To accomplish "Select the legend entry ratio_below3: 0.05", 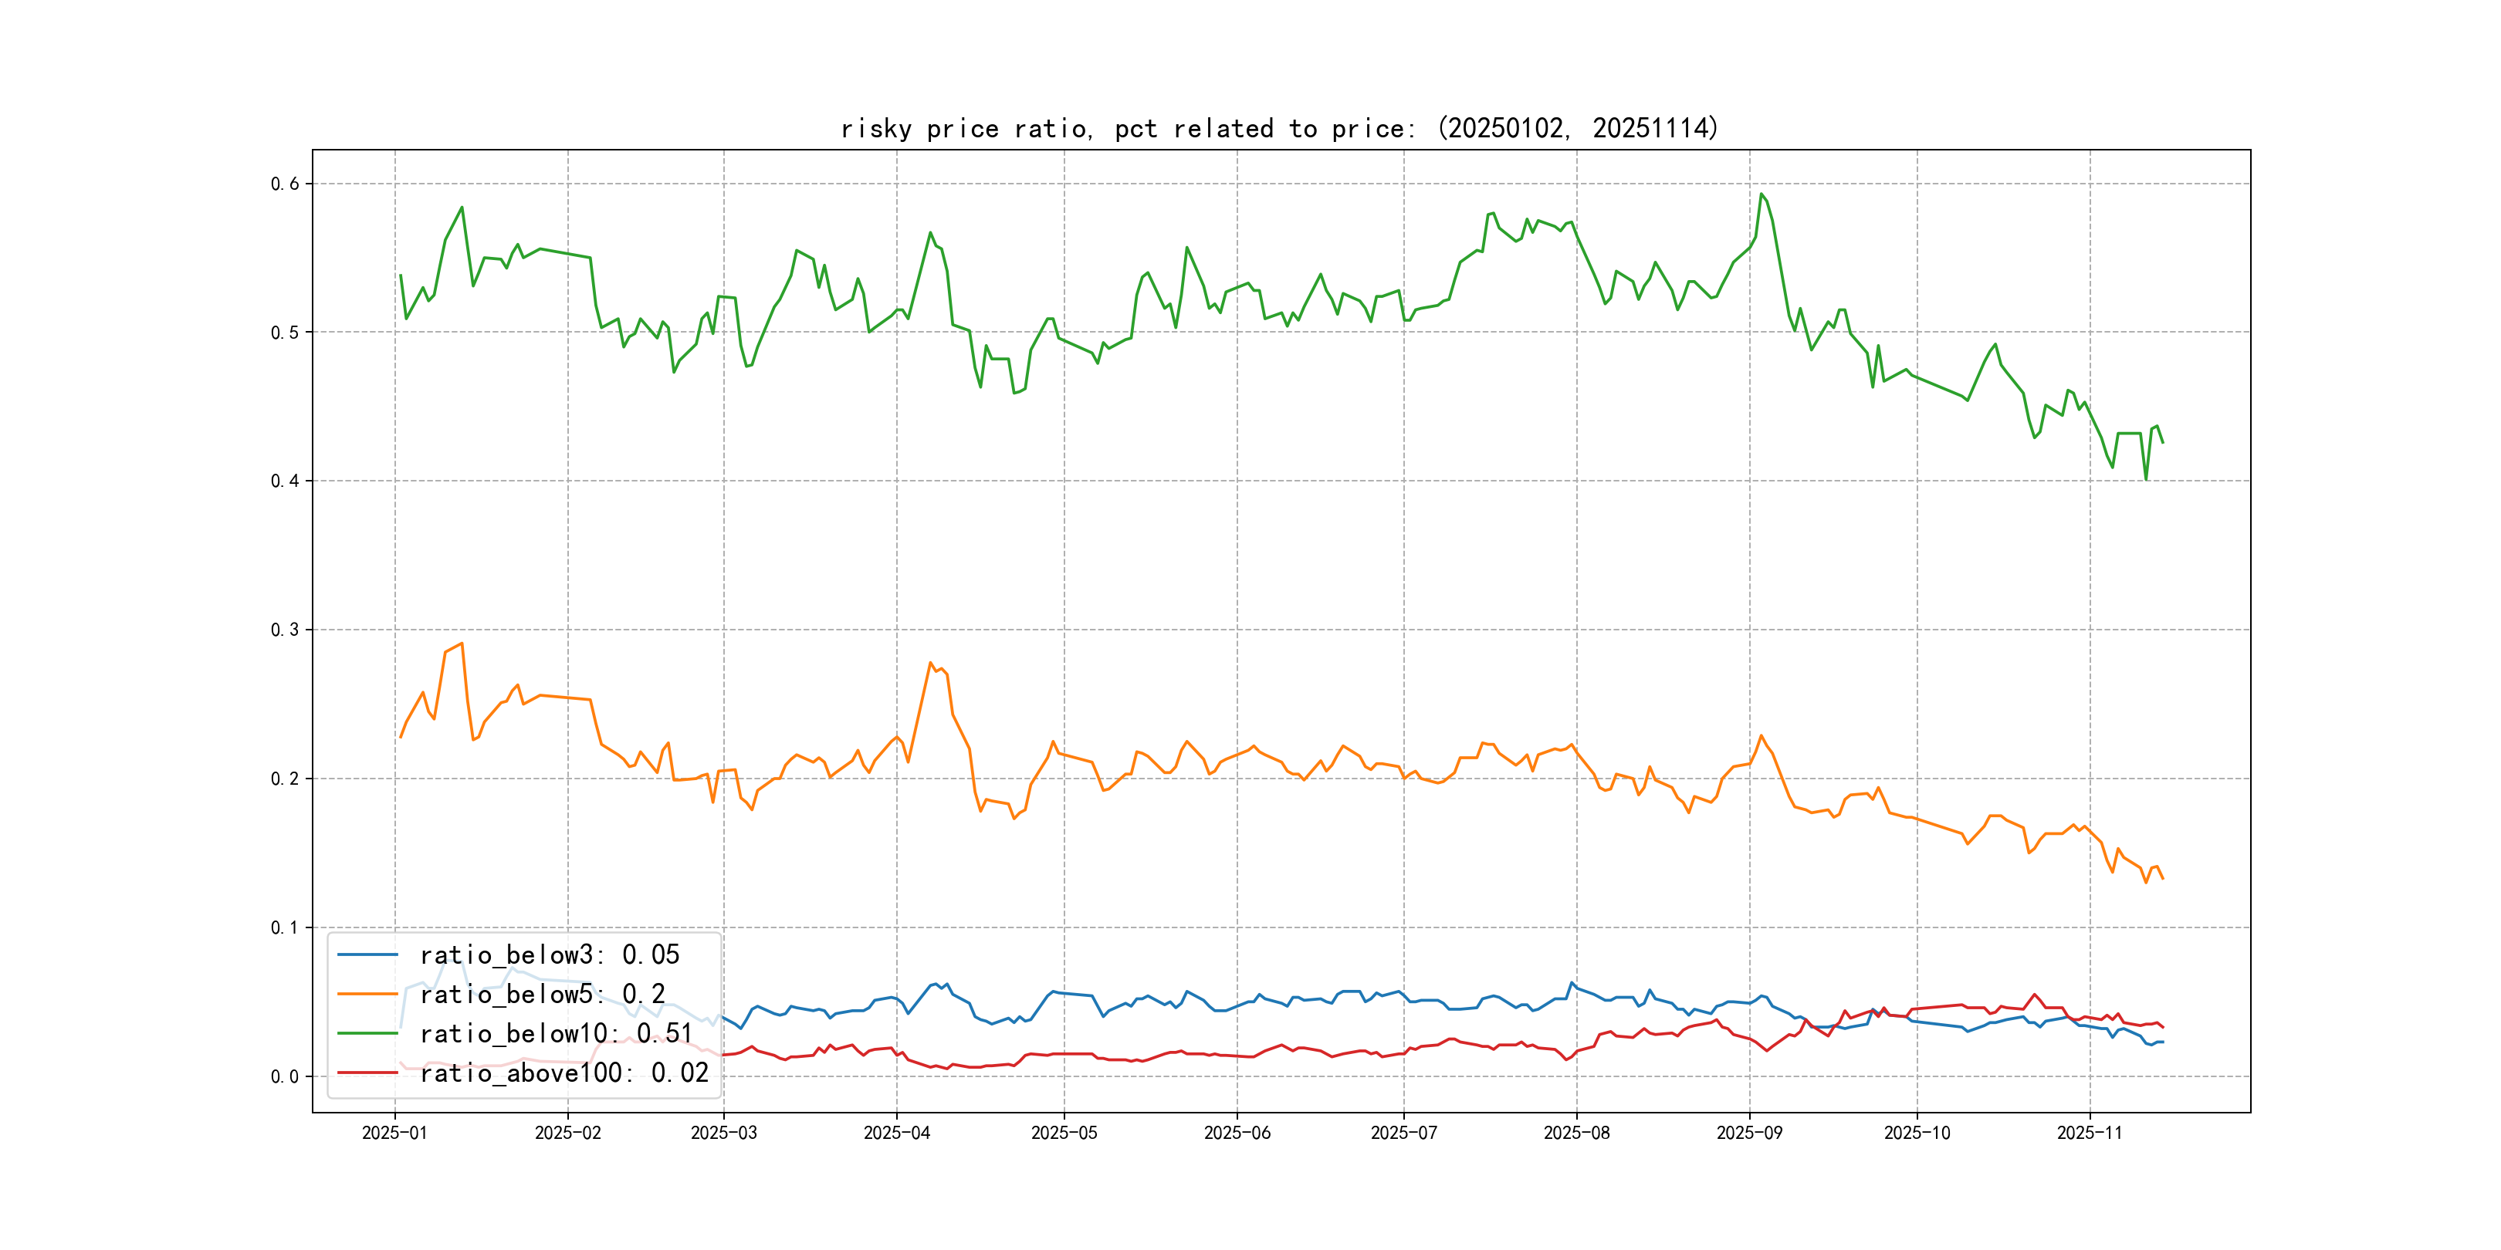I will (x=549, y=955).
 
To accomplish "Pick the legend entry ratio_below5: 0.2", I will (x=542, y=995).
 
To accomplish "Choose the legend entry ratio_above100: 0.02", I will (x=563, y=1073).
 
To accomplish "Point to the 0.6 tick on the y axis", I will (x=285, y=184).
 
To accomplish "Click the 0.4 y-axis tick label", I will (x=285, y=481).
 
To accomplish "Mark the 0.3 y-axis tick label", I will (x=285, y=630).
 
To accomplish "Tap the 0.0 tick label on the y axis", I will (x=285, y=1076).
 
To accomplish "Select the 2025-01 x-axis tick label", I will (x=394, y=1133).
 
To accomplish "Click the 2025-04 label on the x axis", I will (x=896, y=1133).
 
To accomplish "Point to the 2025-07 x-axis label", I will (x=1403, y=1133).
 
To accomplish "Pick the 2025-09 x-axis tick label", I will (x=1748, y=1133).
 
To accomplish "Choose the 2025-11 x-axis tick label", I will (x=2090, y=1133).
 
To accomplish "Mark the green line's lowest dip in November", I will (x=2146, y=478).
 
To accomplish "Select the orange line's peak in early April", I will (x=930, y=663).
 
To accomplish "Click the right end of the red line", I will (x=2162, y=1027).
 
